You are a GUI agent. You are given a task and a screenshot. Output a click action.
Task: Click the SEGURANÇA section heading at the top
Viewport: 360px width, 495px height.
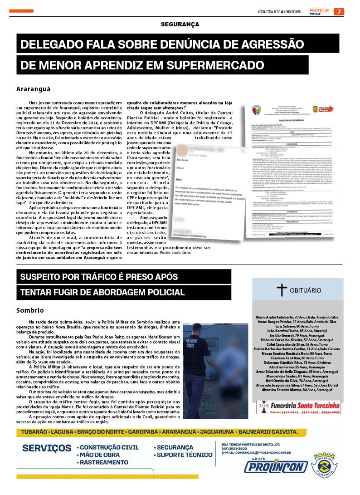180,24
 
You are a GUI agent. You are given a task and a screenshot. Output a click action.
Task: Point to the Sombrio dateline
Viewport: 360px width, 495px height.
30,310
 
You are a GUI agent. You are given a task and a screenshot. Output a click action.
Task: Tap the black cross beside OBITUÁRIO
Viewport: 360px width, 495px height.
282,290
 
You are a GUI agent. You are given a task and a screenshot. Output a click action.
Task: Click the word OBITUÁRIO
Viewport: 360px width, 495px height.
305,290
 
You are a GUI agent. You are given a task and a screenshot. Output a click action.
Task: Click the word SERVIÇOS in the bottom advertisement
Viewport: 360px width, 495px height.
47,448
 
